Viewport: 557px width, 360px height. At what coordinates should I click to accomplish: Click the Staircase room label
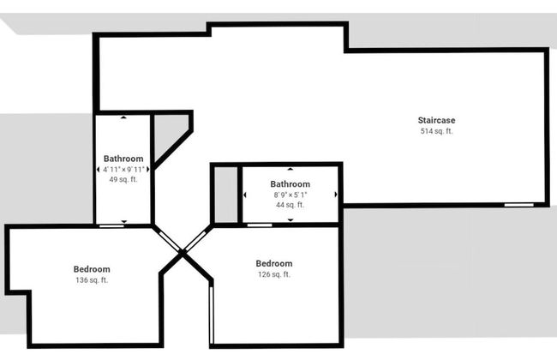(x=435, y=120)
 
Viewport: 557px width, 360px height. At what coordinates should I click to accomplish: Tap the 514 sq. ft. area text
(x=435, y=132)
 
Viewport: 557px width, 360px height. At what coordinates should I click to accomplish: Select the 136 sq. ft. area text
(x=92, y=280)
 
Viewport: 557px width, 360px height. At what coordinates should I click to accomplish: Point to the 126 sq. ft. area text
(x=273, y=274)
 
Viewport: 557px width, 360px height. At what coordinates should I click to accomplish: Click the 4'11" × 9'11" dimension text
(x=123, y=170)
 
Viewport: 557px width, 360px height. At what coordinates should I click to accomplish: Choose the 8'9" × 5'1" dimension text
(x=290, y=195)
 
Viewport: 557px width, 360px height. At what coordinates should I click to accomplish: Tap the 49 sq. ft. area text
(x=123, y=180)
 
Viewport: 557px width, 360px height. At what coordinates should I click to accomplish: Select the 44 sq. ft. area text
(x=290, y=205)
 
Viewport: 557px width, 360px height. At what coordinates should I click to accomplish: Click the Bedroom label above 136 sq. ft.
(x=92, y=269)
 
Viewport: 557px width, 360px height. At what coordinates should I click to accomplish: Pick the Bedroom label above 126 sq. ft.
(x=273, y=263)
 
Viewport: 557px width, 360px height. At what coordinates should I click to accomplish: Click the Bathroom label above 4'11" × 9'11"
(x=123, y=159)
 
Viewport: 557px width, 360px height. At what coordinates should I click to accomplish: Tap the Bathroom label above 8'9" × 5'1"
(x=290, y=183)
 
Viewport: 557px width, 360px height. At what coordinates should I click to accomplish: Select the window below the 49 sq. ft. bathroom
(x=110, y=225)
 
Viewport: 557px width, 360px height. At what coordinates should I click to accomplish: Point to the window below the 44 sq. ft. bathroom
(x=259, y=225)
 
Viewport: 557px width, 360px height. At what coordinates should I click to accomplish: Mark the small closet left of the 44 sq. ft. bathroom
(x=225, y=195)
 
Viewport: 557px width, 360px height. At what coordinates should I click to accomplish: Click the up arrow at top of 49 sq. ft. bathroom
(x=123, y=117)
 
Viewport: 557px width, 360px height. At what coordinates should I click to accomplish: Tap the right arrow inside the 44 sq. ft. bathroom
(x=335, y=195)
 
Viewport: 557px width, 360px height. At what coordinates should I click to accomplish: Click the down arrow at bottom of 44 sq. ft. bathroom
(x=290, y=220)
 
